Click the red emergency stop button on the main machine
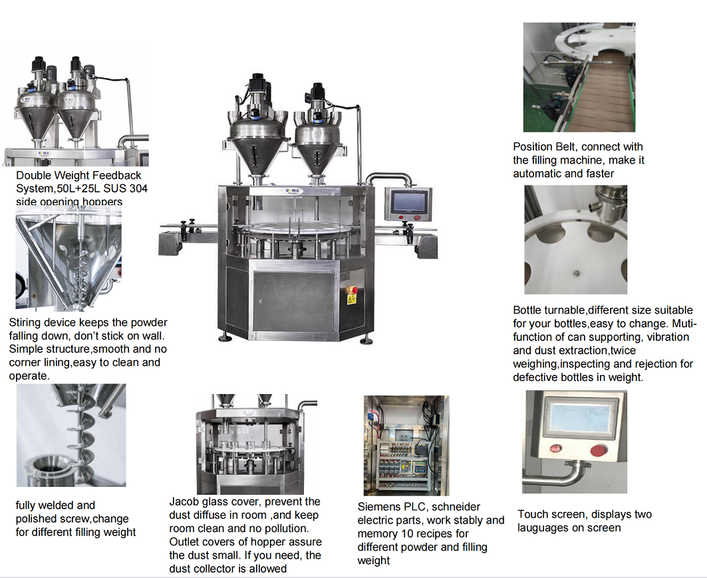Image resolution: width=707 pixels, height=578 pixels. [353, 290]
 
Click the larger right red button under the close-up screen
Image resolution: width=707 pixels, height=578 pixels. [598, 451]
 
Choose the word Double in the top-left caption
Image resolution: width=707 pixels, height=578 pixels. [34, 175]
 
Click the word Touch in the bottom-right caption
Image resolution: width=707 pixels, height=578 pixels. [533, 514]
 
